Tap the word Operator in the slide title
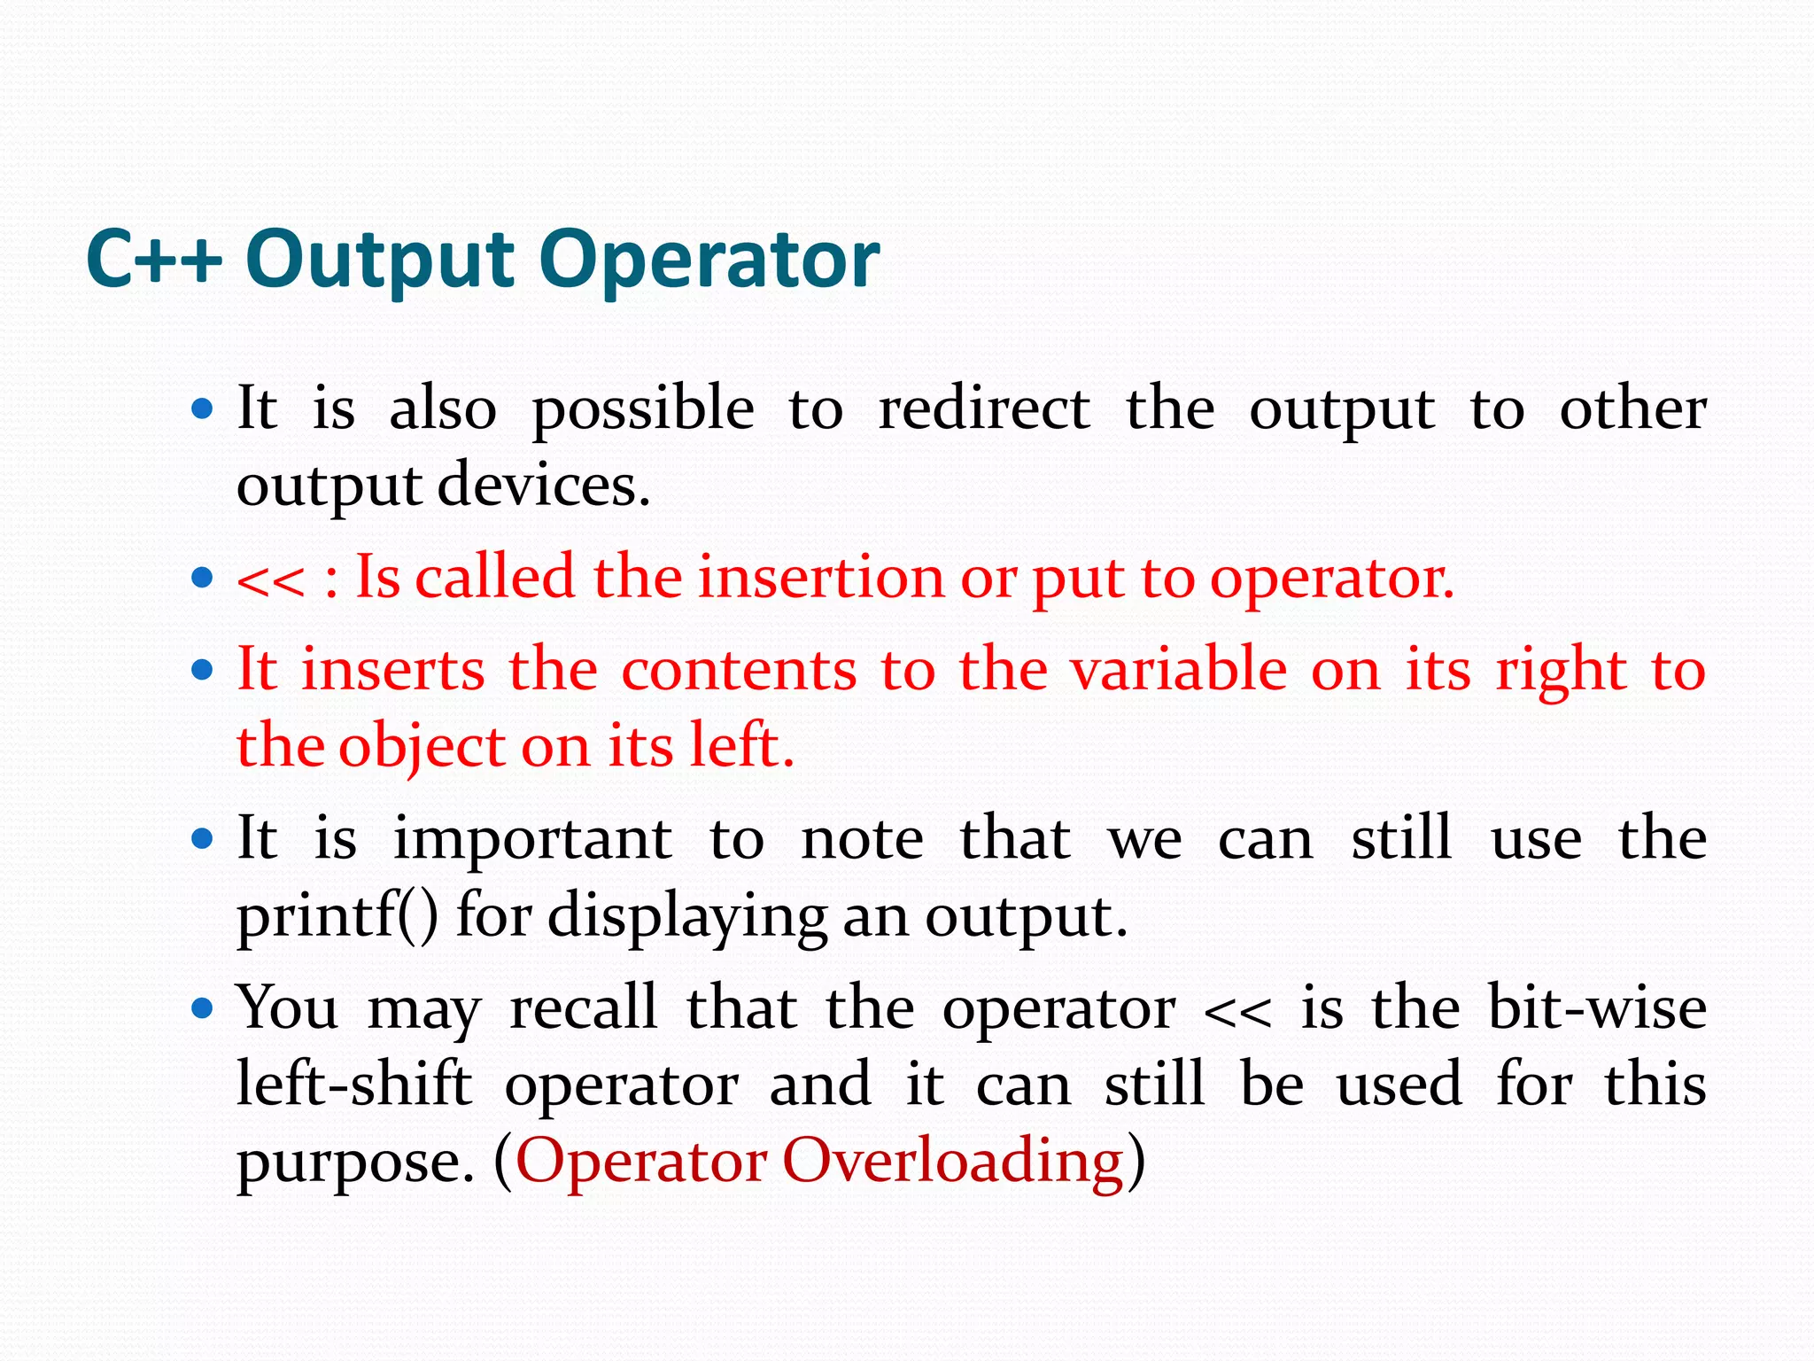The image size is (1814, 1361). click(x=709, y=260)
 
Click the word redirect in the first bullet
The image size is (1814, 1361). click(x=983, y=409)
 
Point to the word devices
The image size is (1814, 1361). click(x=544, y=486)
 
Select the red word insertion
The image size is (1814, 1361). click(x=821, y=578)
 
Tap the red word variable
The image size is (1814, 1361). click(x=1179, y=669)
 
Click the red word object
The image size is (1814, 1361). click(x=422, y=746)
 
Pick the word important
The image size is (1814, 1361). click(x=532, y=838)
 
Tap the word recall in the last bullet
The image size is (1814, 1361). click(x=583, y=1008)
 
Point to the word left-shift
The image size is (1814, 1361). click(x=354, y=1085)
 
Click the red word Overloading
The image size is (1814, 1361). click(x=953, y=1162)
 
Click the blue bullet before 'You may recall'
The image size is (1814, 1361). click(x=203, y=1007)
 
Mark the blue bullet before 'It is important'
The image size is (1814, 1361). click(x=203, y=838)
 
